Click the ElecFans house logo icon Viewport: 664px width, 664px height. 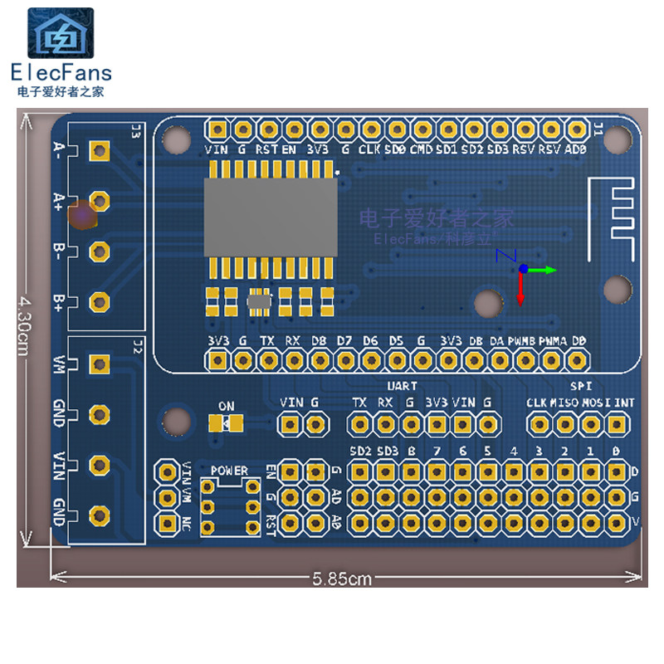61,35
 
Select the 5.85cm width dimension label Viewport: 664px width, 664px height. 342,579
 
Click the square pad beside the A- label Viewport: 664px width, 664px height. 100,150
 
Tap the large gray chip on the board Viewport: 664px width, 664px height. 271,217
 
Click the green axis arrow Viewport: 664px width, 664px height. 543,269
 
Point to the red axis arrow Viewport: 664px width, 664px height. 521,290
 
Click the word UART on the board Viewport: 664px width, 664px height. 403,386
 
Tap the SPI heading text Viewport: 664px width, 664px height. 580,386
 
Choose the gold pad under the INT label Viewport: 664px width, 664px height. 616,424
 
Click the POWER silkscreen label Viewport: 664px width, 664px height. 229,471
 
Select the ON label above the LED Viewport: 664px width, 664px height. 226,406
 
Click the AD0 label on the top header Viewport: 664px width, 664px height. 574,149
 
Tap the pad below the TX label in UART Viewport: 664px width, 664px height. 359,424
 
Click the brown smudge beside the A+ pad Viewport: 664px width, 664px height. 83,215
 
